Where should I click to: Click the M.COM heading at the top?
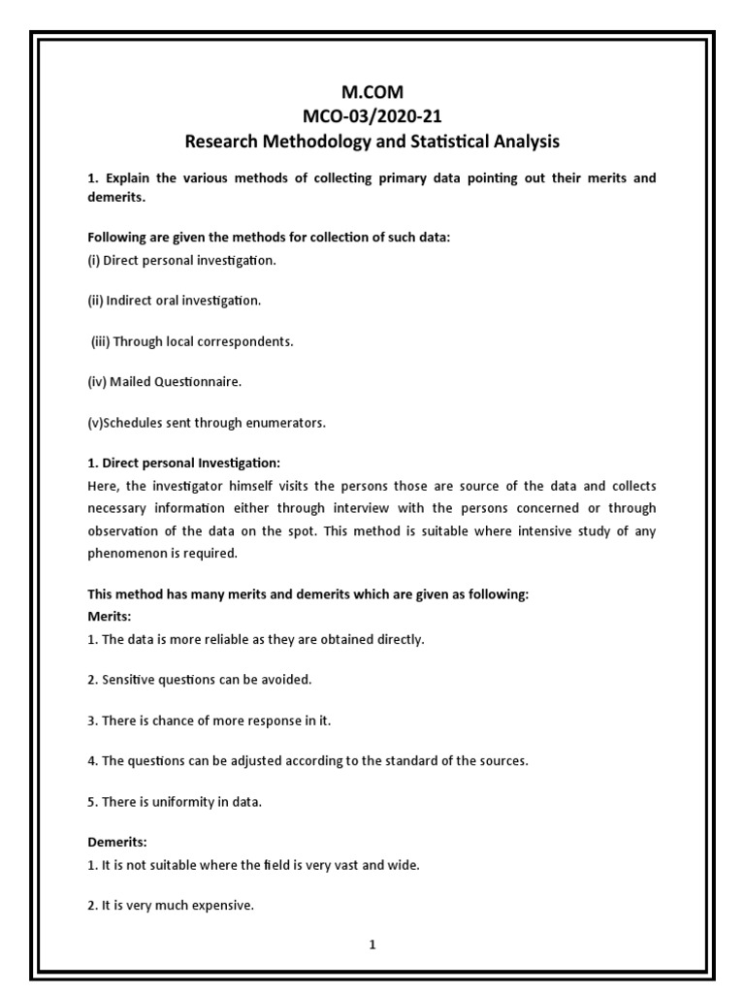(372, 93)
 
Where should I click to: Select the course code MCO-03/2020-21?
(372, 117)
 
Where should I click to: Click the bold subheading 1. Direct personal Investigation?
(183, 464)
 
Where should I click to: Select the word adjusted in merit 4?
(237, 761)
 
